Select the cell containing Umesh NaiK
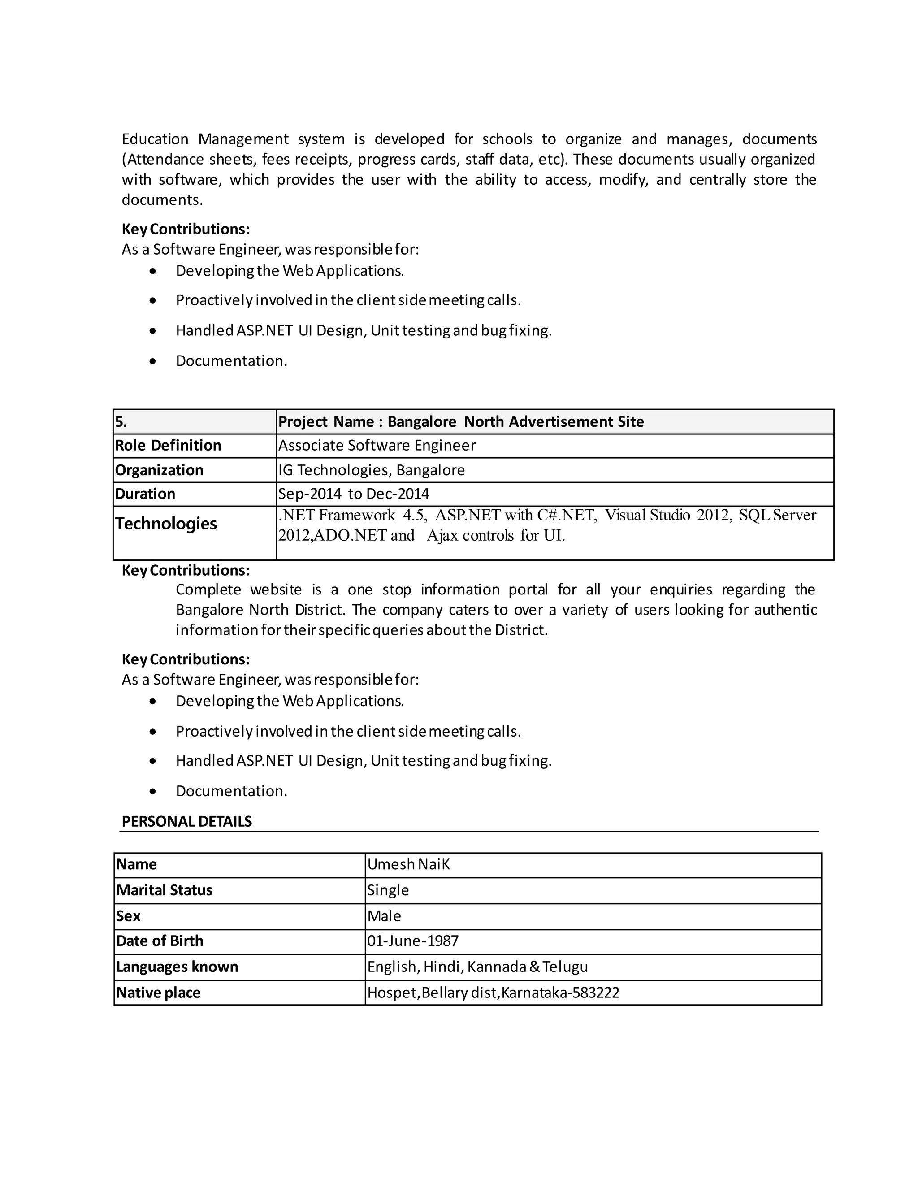coord(408,864)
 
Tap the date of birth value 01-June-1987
coord(413,941)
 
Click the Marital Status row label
coord(164,890)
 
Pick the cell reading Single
coord(388,890)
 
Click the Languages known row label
coord(177,967)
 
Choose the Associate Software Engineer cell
coord(377,446)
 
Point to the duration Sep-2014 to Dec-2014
coord(354,494)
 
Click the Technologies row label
coord(166,523)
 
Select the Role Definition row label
coord(168,446)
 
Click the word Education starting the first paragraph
coord(155,139)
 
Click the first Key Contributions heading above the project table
coord(186,229)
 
